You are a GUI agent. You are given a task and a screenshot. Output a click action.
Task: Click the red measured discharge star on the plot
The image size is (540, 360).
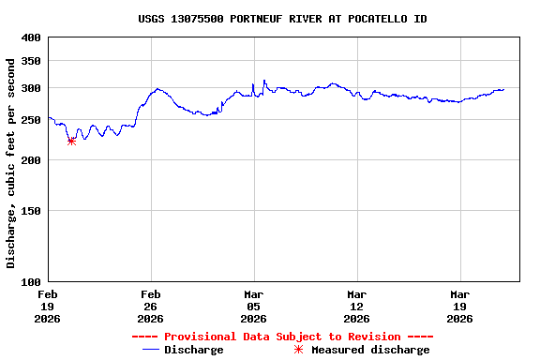tap(71, 141)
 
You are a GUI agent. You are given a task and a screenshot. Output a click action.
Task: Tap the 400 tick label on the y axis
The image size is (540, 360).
tap(31, 37)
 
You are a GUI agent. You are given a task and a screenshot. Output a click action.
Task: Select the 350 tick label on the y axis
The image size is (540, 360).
tap(31, 61)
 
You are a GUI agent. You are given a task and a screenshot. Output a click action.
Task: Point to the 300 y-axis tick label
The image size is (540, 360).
tap(31, 89)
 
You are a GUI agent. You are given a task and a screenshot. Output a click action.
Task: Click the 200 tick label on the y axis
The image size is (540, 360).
tap(31, 160)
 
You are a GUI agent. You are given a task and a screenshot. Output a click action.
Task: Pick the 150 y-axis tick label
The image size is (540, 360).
tap(31, 211)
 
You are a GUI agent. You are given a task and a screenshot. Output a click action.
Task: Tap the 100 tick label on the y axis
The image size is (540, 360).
tap(31, 281)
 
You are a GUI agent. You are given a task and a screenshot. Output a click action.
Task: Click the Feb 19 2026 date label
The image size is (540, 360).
tap(47, 306)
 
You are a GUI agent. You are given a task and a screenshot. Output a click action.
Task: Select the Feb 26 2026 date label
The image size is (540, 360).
tap(150, 306)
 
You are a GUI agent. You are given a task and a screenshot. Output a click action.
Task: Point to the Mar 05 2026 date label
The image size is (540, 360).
tap(253, 306)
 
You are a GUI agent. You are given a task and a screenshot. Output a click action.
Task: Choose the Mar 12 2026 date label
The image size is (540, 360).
tap(356, 306)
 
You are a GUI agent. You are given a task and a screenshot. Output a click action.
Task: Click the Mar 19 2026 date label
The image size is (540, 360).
tap(459, 306)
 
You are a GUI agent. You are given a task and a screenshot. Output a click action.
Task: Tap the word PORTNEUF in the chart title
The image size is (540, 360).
tap(260, 19)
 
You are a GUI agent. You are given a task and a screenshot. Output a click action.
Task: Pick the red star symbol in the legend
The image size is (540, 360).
tap(299, 350)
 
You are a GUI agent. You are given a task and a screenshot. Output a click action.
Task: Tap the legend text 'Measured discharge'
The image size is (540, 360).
tap(370, 350)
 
